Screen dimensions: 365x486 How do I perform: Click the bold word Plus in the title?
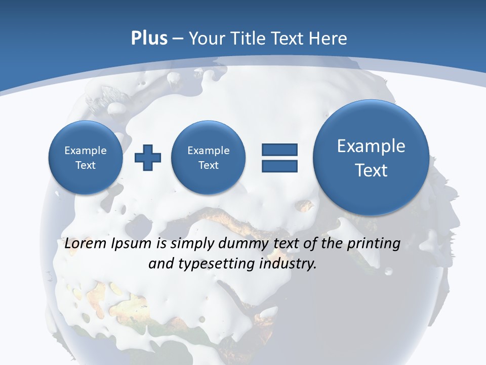pos(149,39)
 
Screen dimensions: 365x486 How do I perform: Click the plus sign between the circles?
pos(148,158)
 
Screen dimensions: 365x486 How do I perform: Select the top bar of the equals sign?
pos(279,150)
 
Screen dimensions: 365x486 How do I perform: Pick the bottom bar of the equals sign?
pos(279,166)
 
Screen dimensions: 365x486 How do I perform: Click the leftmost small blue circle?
pos(85,158)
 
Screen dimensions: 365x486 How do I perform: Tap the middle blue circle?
pos(208,158)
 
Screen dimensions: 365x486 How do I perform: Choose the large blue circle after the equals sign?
pos(371,158)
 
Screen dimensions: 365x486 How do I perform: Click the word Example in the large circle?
pos(371,146)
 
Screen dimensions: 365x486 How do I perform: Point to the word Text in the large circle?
pos(371,170)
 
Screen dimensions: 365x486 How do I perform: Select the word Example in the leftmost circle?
pos(86,151)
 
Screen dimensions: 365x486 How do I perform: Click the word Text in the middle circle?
pos(208,165)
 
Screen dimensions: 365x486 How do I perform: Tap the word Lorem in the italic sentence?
pos(87,244)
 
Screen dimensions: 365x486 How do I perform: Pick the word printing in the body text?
pos(374,244)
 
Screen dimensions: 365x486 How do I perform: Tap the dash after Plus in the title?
pos(178,39)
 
